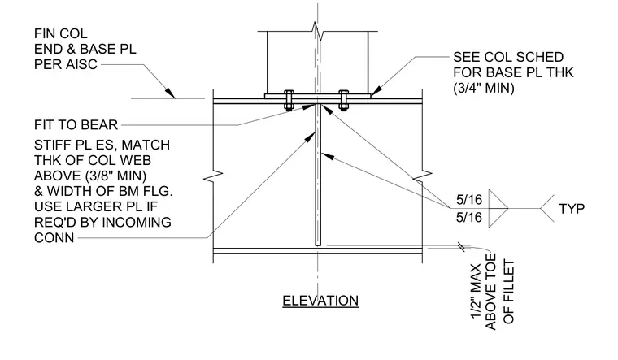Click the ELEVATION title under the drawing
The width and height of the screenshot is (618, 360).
[320, 301]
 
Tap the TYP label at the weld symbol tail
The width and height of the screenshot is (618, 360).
[572, 209]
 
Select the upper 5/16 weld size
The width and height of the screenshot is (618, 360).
[469, 200]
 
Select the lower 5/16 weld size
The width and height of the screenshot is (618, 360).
[469, 218]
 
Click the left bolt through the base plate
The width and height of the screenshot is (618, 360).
[289, 100]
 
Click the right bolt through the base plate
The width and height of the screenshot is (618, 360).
[344, 100]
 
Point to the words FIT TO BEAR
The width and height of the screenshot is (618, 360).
[76, 125]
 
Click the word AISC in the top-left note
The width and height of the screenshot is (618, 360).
[81, 64]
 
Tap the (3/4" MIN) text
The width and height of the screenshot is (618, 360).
[484, 88]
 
